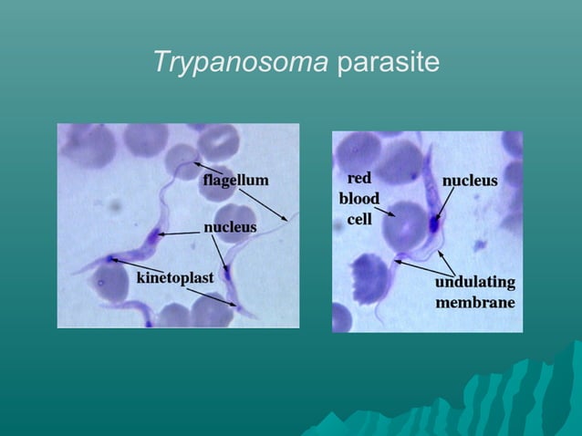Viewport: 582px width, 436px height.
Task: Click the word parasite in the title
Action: pyautogui.click(x=388, y=63)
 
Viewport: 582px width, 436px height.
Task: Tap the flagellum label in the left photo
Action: pyautogui.click(x=235, y=180)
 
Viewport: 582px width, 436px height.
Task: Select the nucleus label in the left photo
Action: pyautogui.click(x=229, y=226)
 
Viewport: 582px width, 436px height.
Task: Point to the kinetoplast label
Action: pyautogui.click(x=175, y=276)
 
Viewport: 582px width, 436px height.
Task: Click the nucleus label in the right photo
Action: pyautogui.click(x=470, y=181)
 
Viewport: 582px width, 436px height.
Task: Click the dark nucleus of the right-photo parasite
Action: pyautogui.click(x=435, y=221)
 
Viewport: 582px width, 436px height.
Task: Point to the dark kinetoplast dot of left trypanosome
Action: pyautogui.click(x=111, y=259)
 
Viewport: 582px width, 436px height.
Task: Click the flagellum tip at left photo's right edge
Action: pyautogui.click(x=290, y=219)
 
